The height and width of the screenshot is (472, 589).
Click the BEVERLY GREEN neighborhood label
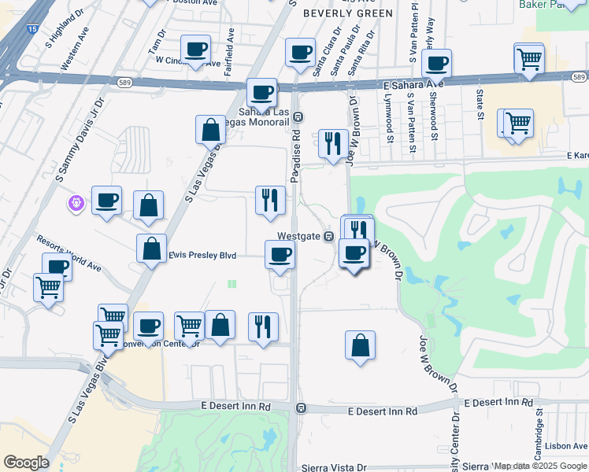pyautogui.click(x=347, y=13)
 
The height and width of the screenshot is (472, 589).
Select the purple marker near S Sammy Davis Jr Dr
pyautogui.click(x=77, y=203)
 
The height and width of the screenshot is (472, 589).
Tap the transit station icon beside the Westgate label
pyautogui.click(x=329, y=236)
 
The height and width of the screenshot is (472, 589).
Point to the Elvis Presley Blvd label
pyautogui.click(x=203, y=255)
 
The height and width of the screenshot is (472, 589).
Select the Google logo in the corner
pyautogui.click(x=26, y=463)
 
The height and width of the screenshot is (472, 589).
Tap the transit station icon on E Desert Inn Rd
pyautogui.click(x=301, y=407)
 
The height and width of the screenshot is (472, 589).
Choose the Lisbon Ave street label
pyautogui.click(x=566, y=445)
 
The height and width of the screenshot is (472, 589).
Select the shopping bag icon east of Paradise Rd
pyautogui.click(x=360, y=345)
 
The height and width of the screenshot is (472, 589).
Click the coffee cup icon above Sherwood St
pyautogui.click(x=436, y=63)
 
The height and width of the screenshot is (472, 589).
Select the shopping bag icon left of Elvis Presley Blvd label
pyautogui.click(x=151, y=248)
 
